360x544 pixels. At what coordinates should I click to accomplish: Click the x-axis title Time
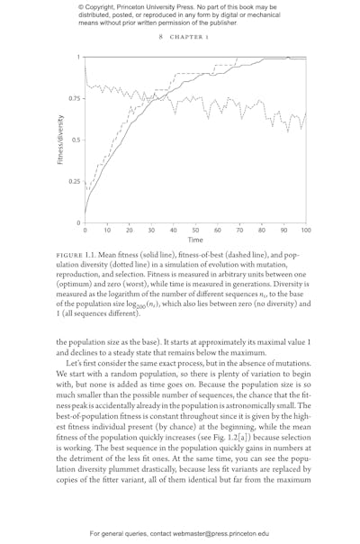(195, 240)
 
